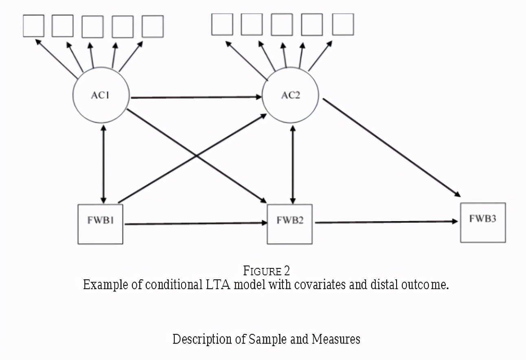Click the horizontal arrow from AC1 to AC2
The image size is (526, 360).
click(196, 97)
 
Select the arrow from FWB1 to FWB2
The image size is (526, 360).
click(196, 223)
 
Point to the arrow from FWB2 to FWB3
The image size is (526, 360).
click(386, 222)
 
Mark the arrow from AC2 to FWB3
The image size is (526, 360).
click(392, 148)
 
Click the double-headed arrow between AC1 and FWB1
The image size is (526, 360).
click(103, 164)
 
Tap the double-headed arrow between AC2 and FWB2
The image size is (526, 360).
click(293, 165)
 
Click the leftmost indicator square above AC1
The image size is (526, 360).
click(33, 26)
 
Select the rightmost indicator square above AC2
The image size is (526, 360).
click(343, 24)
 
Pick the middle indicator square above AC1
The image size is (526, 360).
click(92, 26)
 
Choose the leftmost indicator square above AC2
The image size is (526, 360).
click(222, 24)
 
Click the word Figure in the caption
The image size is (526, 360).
click(262, 271)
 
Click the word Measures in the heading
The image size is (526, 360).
click(336, 339)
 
